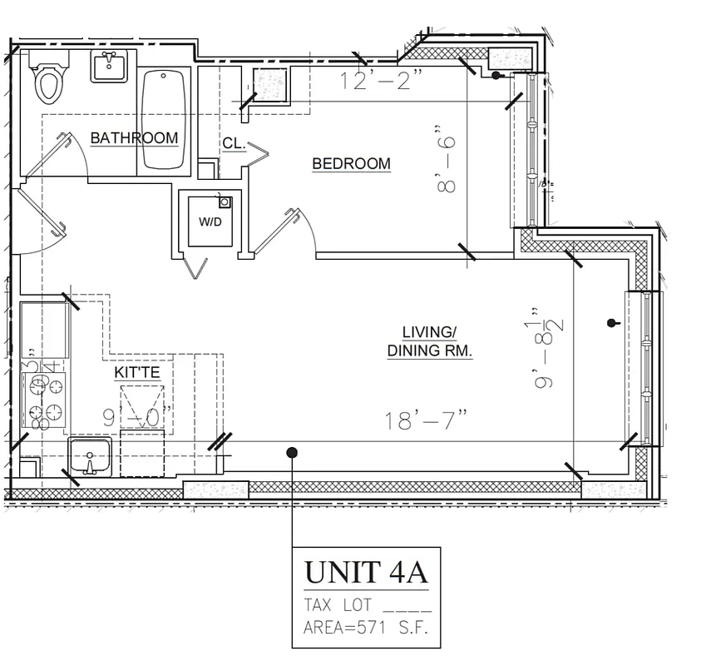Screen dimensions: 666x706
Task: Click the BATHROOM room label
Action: point(134,138)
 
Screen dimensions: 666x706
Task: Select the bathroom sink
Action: point(110,66)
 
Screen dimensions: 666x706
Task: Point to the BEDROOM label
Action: point(351,164)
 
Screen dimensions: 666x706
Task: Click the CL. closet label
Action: point(234,144)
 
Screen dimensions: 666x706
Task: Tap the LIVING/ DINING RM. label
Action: point(429,341)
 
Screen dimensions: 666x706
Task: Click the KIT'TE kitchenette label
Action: point(137,375)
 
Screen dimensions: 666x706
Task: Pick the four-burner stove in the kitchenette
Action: point(45,400)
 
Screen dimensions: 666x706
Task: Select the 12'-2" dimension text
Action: point(382,82)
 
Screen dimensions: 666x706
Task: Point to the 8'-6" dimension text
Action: point(447,160)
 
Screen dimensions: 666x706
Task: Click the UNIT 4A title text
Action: point(366,573)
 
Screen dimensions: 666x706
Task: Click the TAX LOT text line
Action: point(366,605)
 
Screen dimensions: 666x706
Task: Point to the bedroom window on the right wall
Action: point(531,150)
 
